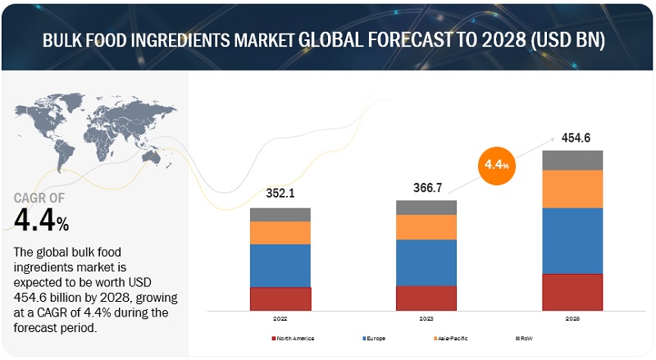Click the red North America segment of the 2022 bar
pos(280,298)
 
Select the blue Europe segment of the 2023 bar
pos(426,262)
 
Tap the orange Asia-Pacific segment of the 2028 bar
pos(572,189)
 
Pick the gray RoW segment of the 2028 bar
pos(572,160)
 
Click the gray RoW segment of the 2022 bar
pos(280,215)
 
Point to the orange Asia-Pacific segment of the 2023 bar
pos(426,227)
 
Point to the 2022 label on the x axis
pos(280,318)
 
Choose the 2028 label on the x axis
pos(572,318)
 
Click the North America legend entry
pos(293,338)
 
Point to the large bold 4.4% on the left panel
pos(41,218)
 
